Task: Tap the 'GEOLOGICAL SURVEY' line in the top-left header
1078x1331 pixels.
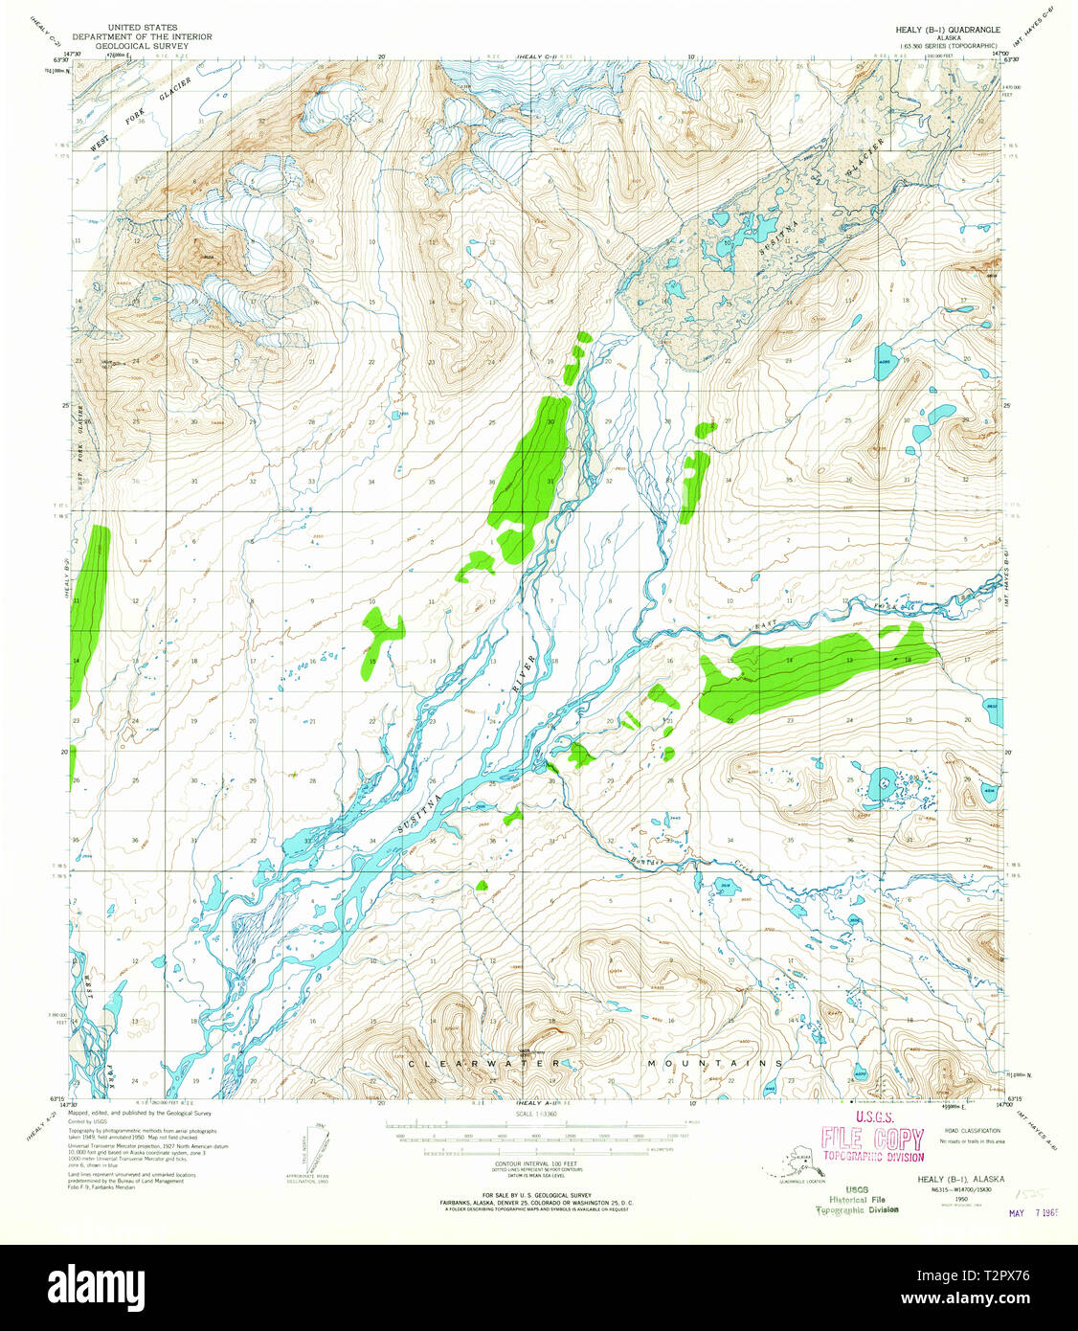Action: click(x=160, y=45)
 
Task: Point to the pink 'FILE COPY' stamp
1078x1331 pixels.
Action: click(x=872, y=1139)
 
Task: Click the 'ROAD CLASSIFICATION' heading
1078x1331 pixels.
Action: click(x=972, y=1131)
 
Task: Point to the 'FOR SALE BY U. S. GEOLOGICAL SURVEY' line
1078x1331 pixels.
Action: click(x=538, y=1195)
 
